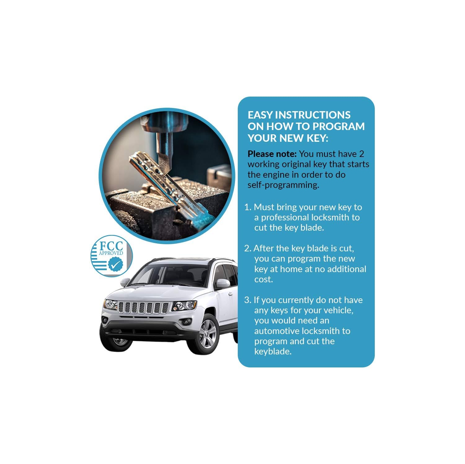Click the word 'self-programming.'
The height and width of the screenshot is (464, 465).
(283, 185)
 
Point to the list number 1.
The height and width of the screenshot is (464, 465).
(247, 207)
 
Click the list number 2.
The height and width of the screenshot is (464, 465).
(247, 248)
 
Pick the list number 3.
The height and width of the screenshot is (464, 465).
(247, 300)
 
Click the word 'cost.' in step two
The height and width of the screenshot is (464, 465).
(263, 279)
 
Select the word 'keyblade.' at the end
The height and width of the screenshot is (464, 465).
(273, 352)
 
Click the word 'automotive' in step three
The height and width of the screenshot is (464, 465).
(281, 331)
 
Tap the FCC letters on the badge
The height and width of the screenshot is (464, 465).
(111, 246)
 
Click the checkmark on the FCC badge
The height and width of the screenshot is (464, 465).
(115, 265)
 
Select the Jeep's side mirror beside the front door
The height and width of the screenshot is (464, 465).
(223, 283)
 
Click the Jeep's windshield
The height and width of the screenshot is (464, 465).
(169, 275)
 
